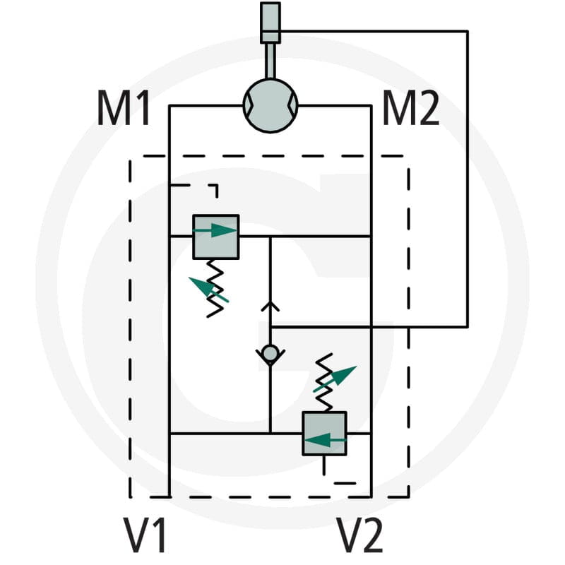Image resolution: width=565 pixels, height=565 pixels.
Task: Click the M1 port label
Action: [124, 108]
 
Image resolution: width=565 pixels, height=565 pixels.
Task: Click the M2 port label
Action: [410, 108]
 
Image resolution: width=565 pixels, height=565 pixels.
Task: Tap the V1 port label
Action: [145, 535]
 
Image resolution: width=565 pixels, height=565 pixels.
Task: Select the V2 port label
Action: [359, 535]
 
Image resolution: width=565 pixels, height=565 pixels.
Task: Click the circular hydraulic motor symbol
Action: [270, 105]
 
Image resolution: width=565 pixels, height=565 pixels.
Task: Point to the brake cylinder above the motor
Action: [270, 23]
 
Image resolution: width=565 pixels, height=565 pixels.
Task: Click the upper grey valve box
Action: [216, 237]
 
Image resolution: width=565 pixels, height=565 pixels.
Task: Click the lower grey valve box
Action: [324, 434]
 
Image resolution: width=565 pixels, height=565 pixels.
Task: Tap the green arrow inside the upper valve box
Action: [215, 230]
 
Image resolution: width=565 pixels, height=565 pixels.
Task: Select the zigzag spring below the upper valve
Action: [215, 288]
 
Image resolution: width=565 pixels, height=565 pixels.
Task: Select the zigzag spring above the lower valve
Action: [323, 382]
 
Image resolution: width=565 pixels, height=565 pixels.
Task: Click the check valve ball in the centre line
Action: [270, 354]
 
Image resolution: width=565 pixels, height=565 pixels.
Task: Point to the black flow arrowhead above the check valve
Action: [270, 307]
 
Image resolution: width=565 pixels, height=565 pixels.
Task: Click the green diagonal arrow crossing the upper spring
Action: [208, 290]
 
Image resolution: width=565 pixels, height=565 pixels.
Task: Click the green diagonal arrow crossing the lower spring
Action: [335, 379]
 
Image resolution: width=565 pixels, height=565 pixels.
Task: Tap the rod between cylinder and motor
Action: [270, 61]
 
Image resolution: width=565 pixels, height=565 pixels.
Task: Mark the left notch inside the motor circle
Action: [248, 105]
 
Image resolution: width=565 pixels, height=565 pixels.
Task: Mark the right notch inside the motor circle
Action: [293, 105]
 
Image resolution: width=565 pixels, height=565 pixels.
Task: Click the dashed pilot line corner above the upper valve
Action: [217, 186]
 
